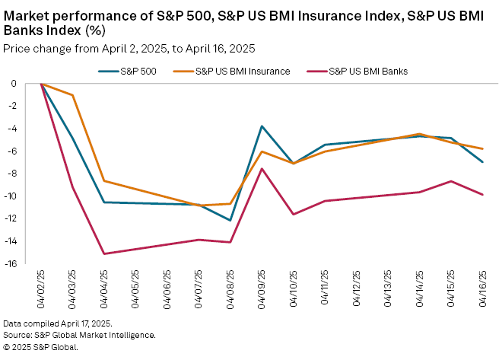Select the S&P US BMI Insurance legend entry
point(242,71)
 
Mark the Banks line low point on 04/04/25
point(104,253)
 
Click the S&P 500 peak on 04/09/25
point(262,126)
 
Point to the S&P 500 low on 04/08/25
point(230,221)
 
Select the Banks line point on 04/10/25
point(294,215)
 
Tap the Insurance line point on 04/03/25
point(73,95)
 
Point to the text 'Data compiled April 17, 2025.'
point(57,323)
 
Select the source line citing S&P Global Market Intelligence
point(79,335)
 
